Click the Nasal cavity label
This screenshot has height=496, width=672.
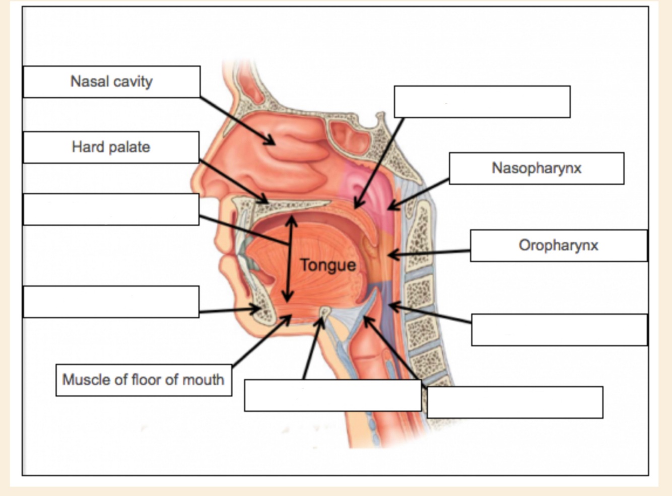tap(111, 82)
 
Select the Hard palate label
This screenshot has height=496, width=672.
tap(111, 147)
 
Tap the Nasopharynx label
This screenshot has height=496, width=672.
tap(536, 168)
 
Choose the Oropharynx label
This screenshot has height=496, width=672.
tap(558, 246)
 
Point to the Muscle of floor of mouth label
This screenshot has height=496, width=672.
tap(143, 380)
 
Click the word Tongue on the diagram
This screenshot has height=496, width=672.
tap(328, 265)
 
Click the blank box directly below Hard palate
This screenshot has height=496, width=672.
tap(111, 209)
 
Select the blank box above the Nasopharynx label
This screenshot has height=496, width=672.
tap(482, 102)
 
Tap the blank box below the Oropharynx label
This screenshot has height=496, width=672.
tap(559, 330)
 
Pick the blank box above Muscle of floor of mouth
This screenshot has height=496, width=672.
tap(111, 302)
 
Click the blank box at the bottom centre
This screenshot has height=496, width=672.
tap(332, 395)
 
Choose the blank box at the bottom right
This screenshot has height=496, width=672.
tap(515, 402)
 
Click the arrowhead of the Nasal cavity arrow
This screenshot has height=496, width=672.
tap(272, 142)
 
